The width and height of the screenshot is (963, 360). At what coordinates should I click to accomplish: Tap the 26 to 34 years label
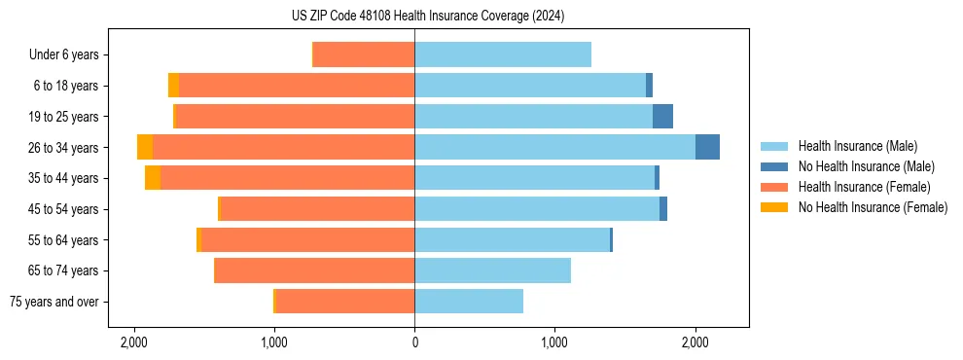coord(64,148)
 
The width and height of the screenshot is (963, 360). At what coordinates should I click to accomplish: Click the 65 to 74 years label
coord(64,270)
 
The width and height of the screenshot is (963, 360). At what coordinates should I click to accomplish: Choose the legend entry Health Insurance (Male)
coord(856,146)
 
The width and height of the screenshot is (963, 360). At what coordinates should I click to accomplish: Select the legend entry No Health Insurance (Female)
coord(873,207)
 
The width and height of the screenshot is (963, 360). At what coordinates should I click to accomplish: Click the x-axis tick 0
coord(414,343)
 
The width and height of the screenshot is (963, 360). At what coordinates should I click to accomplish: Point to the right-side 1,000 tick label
coord(554,343)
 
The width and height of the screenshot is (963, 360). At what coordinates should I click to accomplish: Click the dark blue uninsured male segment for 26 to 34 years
coord(707,147)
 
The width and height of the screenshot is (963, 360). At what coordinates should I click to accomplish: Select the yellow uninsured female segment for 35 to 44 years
coord(153,178)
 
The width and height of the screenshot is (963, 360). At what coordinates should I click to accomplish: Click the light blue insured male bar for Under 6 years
coord(503,54)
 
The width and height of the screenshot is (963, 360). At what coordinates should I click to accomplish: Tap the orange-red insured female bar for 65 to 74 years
coord(314,270)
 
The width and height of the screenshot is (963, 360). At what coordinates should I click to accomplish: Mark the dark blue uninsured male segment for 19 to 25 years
coord(662,117)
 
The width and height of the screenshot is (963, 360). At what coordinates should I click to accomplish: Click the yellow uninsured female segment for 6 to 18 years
coord(173,86)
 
